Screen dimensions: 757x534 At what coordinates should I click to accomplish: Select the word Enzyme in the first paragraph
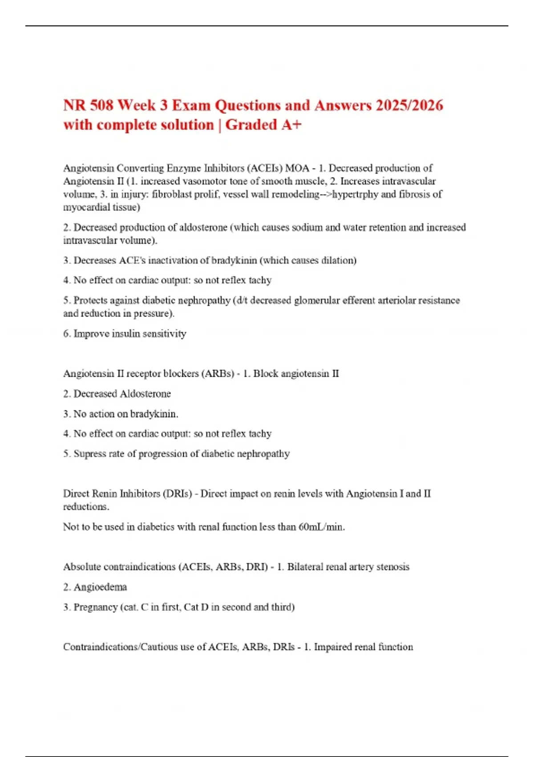coord(184,168)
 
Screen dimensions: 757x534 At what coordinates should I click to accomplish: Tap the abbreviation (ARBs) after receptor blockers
coord(218,374)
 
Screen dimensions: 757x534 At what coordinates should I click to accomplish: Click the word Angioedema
coord(100,587)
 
